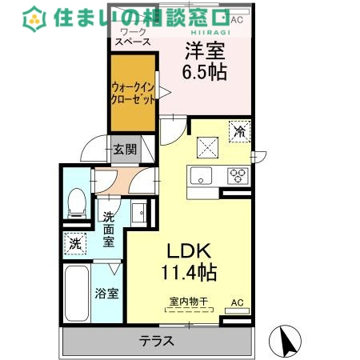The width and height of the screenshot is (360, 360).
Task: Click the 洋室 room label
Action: click(206, 50)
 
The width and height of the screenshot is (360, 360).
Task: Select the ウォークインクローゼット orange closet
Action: click(133, 94)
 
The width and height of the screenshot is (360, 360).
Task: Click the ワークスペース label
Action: click(133, 38)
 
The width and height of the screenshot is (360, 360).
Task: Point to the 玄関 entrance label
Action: click(124, 149)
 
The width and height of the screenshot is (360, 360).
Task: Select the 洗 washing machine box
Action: click(74, 242)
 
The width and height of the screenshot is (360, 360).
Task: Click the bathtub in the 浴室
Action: click(78, 294)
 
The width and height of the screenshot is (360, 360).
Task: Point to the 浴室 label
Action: click(108, 293)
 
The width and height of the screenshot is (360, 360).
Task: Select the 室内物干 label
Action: click(188, 302)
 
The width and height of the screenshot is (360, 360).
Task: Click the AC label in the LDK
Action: click(237, 302)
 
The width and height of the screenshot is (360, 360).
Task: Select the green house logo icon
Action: click(34, 16)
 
